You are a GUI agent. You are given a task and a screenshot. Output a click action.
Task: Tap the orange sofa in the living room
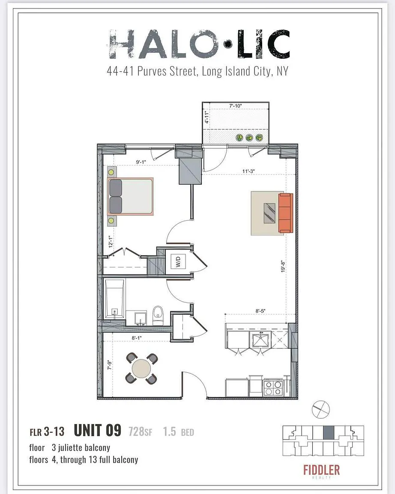[286, 213]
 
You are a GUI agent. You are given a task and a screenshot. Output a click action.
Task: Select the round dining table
[141, 368]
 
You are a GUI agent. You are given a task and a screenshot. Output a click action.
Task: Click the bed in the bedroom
[130, 196]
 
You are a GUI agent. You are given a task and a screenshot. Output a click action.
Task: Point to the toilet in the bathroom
[158, 315]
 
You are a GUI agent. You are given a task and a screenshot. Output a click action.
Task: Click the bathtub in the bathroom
[114, 298]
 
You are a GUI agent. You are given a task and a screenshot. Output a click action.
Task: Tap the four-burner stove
[273, 388]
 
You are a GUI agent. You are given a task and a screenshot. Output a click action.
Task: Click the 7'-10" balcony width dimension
[236, 106]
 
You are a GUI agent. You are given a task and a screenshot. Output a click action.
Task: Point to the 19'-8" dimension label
[283, 267]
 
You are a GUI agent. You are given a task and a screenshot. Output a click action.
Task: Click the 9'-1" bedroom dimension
[141, 162]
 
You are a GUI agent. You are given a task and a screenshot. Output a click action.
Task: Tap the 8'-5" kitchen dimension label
[260, 311]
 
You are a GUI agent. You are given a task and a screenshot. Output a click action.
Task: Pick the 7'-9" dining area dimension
[110, 364]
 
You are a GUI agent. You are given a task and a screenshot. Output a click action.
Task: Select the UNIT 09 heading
[98, 431]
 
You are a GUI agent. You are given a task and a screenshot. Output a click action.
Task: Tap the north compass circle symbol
[321, 410]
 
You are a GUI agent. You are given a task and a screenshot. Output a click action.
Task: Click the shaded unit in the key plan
[329, 433]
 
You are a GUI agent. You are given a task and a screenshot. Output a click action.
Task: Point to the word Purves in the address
[152, 72]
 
